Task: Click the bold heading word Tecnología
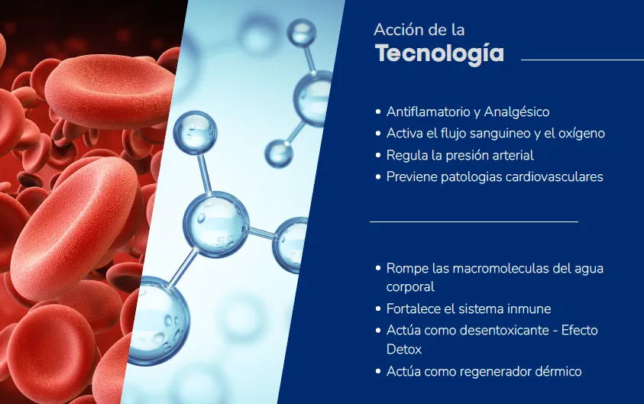pos(439,53)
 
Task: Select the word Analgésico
pos(516,112)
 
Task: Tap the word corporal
pos(410,287)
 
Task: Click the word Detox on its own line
pos(404,349)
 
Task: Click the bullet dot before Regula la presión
pos(378,155)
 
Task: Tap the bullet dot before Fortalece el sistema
pos(378,309)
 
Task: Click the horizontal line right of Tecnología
pos(582,60)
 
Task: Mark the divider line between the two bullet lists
pos(474,221)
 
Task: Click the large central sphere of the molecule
pos(215,225)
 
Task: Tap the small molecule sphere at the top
pos(302,32)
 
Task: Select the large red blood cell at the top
pos(110,90)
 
